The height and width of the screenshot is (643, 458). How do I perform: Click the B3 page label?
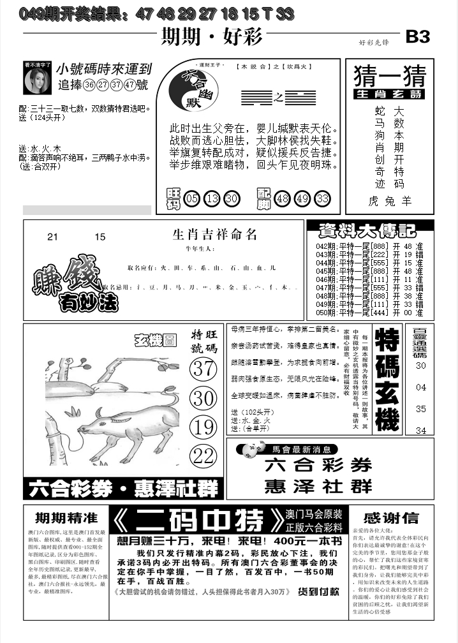point(418,37)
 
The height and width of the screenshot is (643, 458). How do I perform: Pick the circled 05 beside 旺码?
point(191,199)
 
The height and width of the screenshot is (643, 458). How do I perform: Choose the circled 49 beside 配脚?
point(302,199)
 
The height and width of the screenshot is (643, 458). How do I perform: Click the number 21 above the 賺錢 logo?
point(52,237)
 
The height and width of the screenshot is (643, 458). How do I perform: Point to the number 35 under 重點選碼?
point(421,409)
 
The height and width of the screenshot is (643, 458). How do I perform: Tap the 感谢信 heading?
point(391,517)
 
